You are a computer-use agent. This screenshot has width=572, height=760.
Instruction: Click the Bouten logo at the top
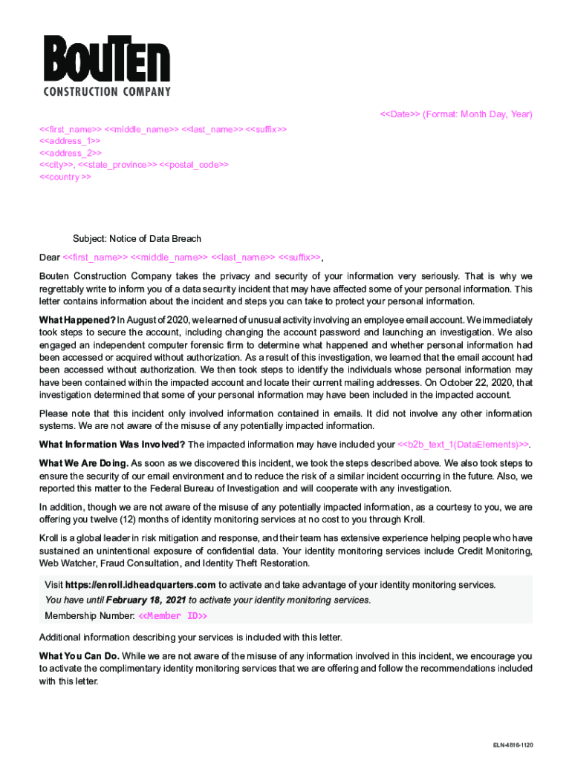coord(107,65)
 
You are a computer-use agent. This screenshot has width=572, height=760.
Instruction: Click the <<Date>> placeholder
coord(400,114)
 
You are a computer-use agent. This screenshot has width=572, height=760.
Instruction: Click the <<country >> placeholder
coord(65,177)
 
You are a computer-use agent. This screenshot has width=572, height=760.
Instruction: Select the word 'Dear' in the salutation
coord(49,258)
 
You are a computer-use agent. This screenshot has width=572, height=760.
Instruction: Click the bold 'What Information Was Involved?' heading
coord(112,445)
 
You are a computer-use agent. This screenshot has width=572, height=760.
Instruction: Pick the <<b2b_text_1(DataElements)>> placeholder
coord(464,445)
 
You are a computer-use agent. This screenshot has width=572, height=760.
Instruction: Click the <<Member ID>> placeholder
coord(172,616)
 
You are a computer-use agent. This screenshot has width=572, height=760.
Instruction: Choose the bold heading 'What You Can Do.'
coord(79,656)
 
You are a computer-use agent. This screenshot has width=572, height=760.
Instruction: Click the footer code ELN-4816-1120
coord(512,744)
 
